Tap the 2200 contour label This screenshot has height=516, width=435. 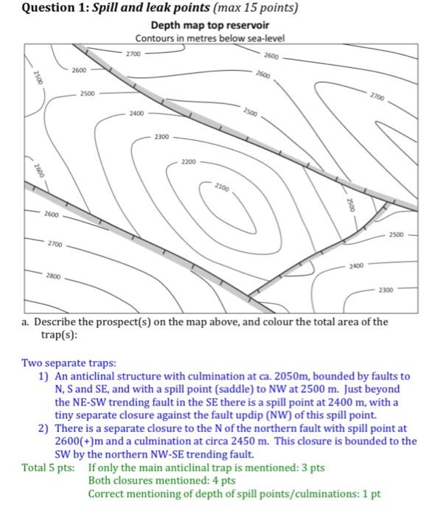coord(189,161)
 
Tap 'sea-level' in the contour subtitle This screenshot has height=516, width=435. coord(265,38)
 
